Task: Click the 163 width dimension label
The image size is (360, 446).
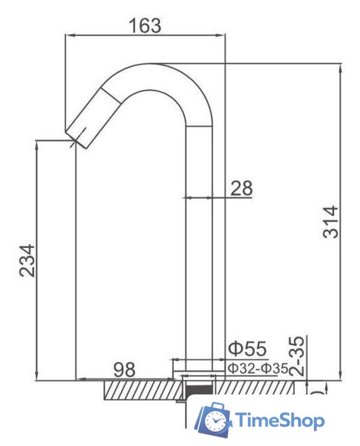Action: [x=145, y=25]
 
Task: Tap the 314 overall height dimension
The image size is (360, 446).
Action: [x=331, y=222]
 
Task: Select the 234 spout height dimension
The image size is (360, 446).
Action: [x=27, y=261]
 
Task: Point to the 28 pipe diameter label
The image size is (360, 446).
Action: [x=241, y=188]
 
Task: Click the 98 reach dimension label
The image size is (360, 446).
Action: [x=125, y=370]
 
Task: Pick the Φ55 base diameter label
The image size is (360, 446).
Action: [x=248, y=348]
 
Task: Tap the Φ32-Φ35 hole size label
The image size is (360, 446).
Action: [x=258, y=369]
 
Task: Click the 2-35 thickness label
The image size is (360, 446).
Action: [x=297, y=356]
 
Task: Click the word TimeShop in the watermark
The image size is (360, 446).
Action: [x=280, y=420]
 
